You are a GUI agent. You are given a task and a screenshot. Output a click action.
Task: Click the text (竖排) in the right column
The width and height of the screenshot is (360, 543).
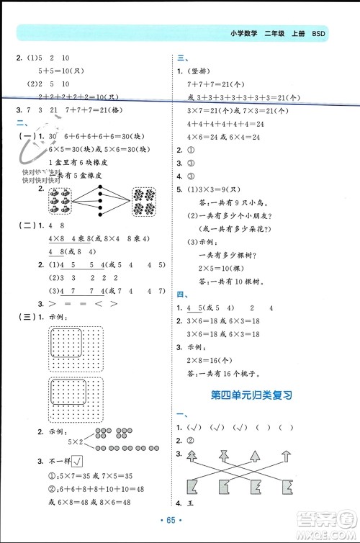pyautogui.click(x=198, y=72)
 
